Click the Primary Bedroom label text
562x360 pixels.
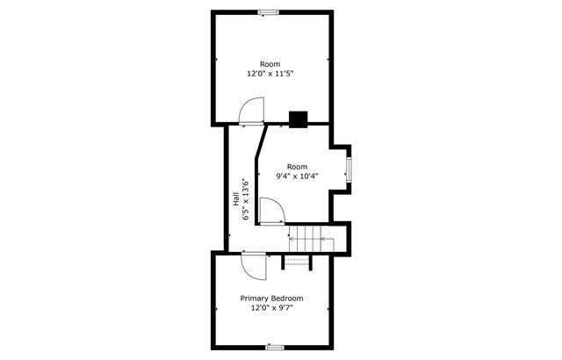pyautogui.click(x=271, y=298)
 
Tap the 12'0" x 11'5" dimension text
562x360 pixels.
pyautogui.click(x=270, y=74)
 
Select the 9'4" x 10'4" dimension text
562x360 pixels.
pyautogui.click(x=297, y=176)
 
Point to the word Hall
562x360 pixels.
pyautogui.click(x=236, y=199)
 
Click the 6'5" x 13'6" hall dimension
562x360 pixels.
pyautogui.click(x=246, y=199)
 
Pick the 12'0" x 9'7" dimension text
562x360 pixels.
pyautogui.click(x=271, y=307)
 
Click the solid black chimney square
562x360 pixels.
pyautogui.click(x=299, y=119)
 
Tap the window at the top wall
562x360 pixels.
pyautogui.click(x=269, y=12)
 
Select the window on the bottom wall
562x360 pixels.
pyautogui.click(x=275, y=347)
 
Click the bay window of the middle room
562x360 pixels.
pyautogui.click(x=349, y=169)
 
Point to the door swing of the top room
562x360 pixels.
pyautogui.click(x=252, y=111)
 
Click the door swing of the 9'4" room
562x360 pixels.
pyautogui.click(x=272, y=211)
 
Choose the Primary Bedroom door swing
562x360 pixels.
pyautogui.click(x=254, y=266)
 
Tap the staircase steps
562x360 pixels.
pyautogui.click(x=312, y=239)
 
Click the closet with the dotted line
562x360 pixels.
pyautogui.click(x=297, y=262)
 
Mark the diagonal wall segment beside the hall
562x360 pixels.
pyautogui.click(x=262, y=140)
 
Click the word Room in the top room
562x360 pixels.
pyautogui.click(x=270, y=64)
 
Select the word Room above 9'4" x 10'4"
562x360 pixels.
pyautogui.click(x=297, y=167)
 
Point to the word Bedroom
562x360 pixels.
pyautogui.click(x=287, y=298)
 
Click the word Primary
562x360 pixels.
pyautogui.click(x=254, y=299)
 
